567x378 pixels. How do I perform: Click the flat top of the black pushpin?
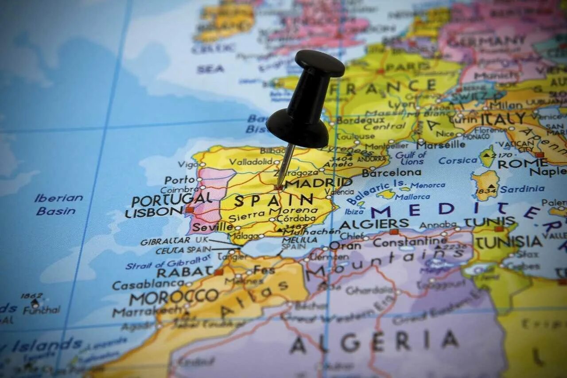click(x=320, y=62)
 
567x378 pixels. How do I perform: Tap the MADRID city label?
click(x=318, y=183)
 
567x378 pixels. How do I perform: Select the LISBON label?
click(x=153, y=212)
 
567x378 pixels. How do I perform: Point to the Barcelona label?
click(x=391, y=172)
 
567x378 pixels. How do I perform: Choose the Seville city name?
click(x=212, y=227)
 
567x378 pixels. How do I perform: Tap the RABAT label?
click(x=185, y=272)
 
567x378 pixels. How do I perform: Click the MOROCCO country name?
click(x=174, y=297)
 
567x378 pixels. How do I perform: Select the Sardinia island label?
click(x=522, y=189)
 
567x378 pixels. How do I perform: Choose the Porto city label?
click(x=180, y=180)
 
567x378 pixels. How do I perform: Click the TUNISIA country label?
click(x=509, y=242)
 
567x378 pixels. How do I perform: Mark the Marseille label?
click(x=440, y=145)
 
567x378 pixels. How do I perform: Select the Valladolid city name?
click(x=251, y=162)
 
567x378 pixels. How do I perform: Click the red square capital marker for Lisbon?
click(x=190, y=210)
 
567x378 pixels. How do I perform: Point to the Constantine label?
click(x=410, y=242)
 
